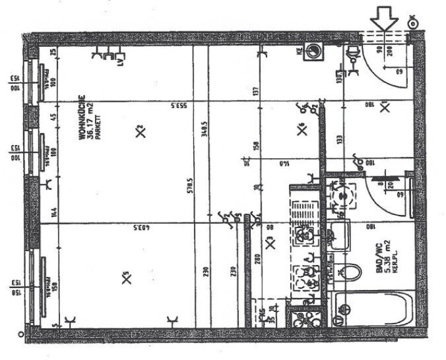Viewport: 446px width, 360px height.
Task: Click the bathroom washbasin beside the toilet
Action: [x=340, y=236]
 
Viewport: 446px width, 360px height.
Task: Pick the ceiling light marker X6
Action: [x=302, y=130]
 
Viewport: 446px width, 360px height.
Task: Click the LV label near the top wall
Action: [x=119, y=61]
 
